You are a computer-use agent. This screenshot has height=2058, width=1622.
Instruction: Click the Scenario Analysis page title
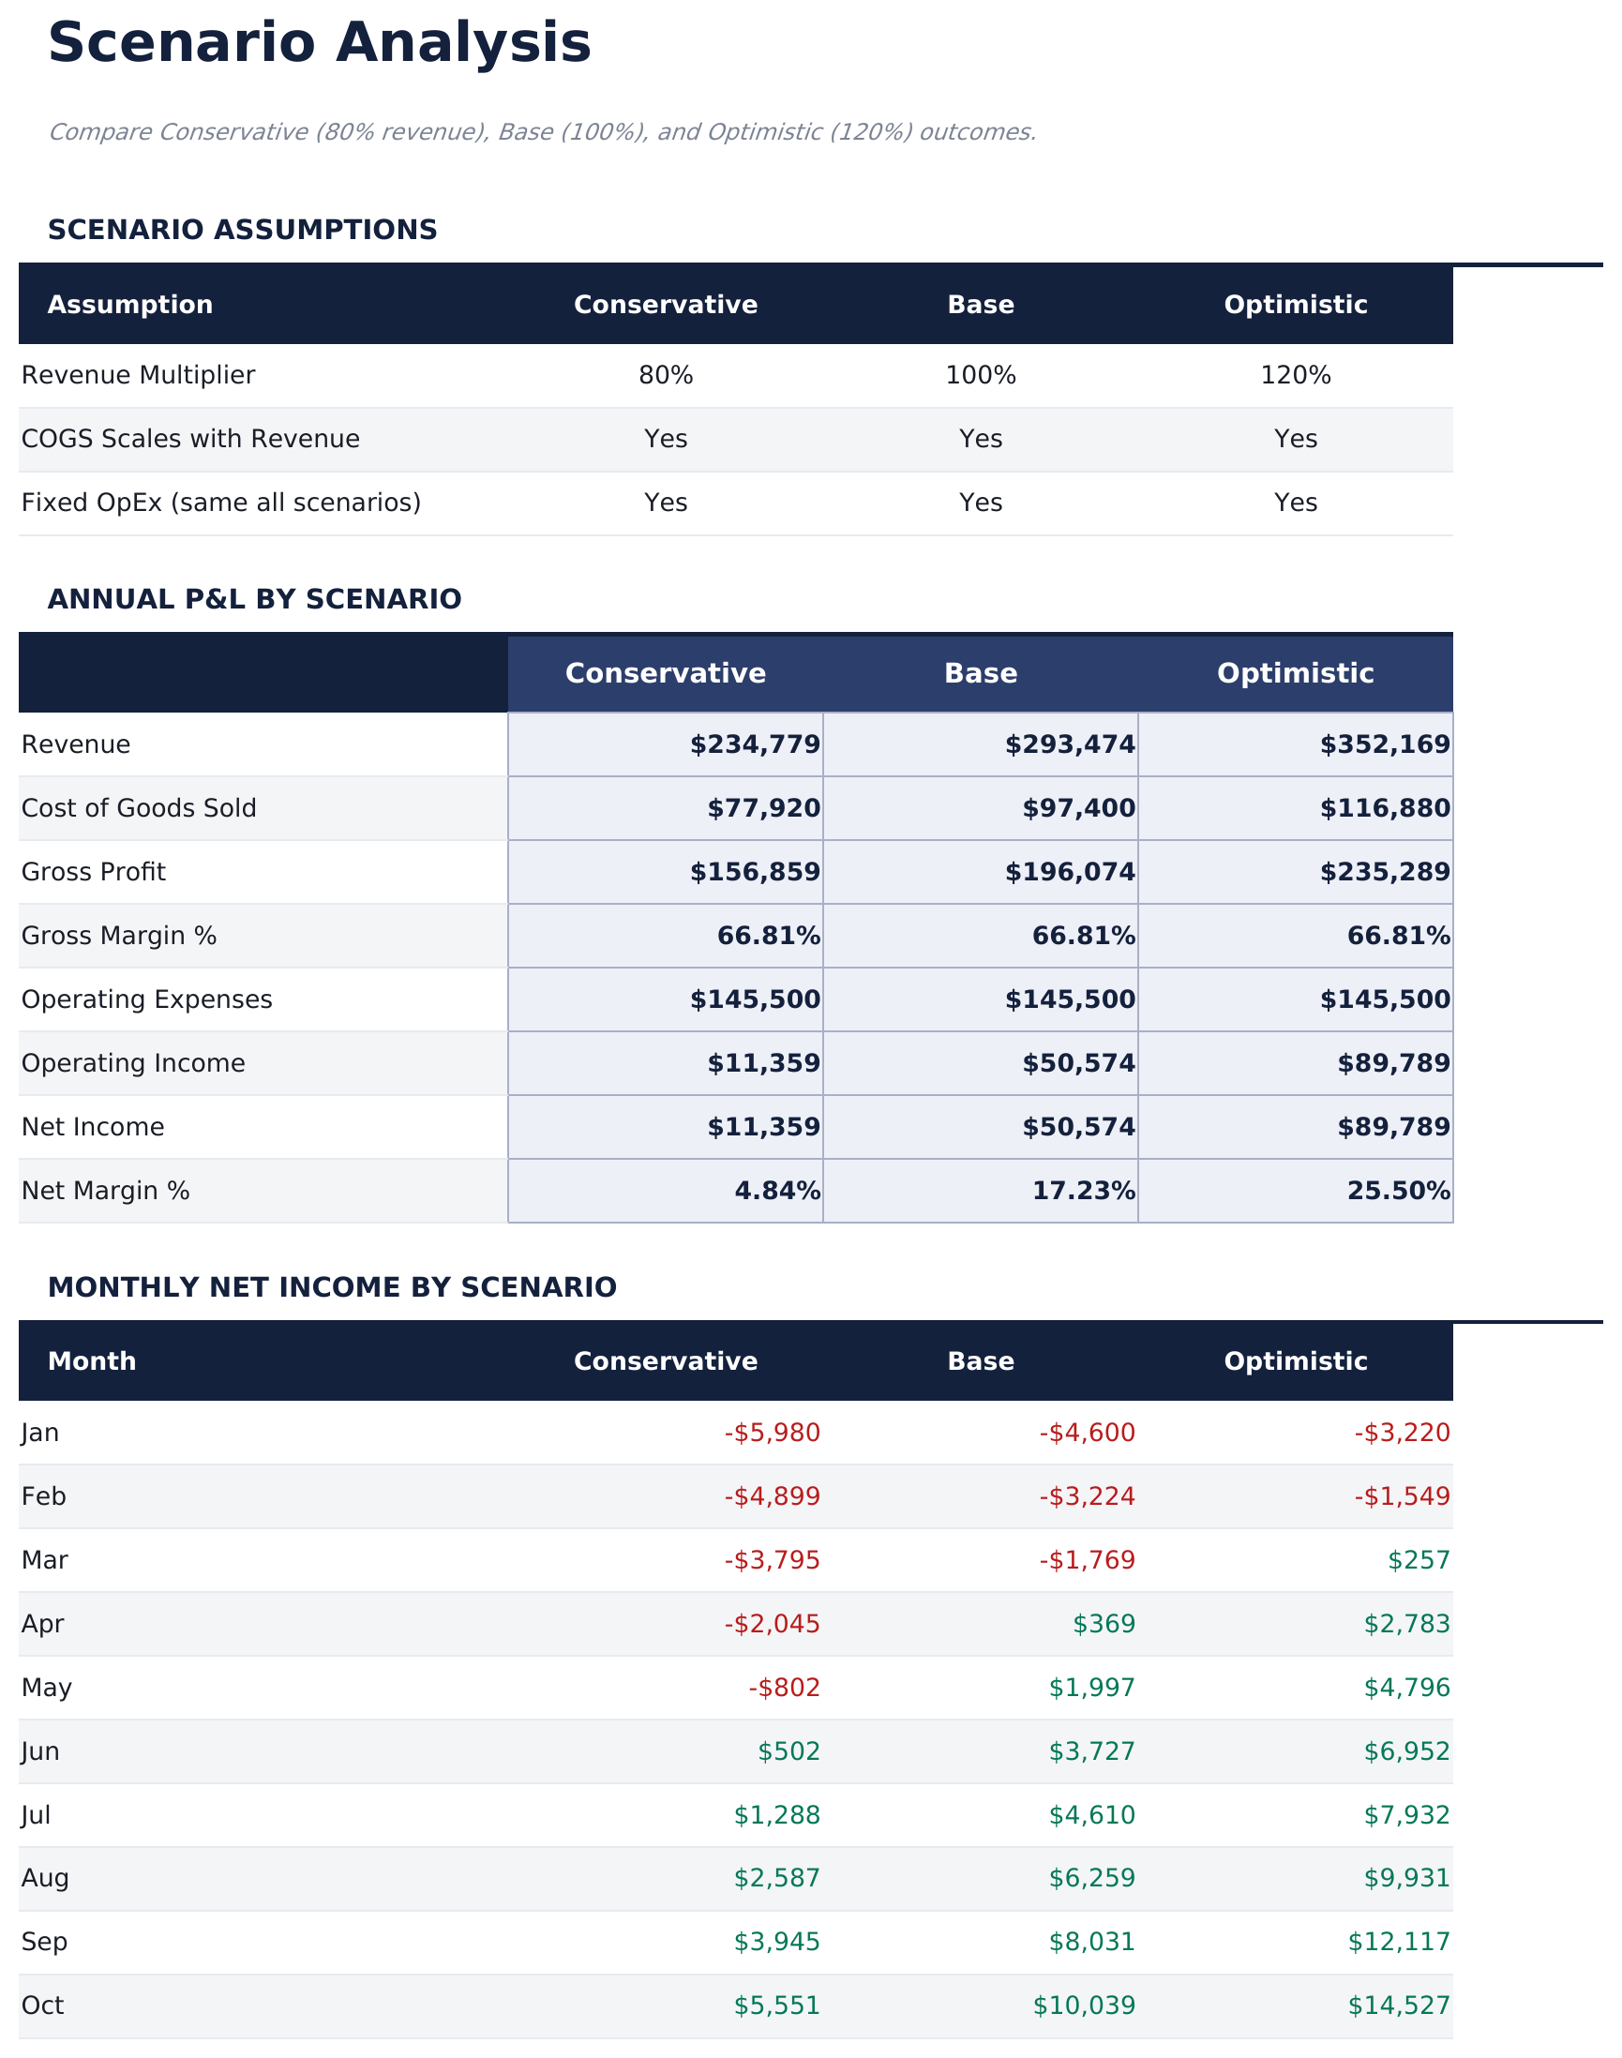point(319,44)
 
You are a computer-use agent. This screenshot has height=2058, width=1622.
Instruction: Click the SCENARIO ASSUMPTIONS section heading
point(242,230)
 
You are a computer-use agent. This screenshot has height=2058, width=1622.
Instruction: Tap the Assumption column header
point(130,305)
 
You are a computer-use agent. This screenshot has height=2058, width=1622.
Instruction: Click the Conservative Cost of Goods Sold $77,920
point(762,808)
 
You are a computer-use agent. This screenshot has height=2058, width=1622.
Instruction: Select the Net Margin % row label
point(105,1190)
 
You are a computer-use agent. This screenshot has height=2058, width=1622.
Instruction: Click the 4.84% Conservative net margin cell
point(777,1190)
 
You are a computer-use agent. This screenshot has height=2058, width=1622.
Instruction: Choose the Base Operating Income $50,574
point(1078,1062)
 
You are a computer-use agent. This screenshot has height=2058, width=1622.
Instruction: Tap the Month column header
point(92,1361)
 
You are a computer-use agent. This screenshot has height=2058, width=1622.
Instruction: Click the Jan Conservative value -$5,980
point(771,1432)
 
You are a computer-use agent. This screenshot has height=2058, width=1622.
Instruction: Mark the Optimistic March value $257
point(1418,1559)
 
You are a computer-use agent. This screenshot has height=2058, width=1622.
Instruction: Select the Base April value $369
point(1104,1623)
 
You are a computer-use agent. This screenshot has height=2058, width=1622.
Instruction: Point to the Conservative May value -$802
point(784,1687)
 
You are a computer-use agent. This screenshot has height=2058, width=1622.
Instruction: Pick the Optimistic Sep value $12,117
point(1398,1941)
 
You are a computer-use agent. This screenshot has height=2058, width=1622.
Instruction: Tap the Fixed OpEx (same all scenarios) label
point(220,503)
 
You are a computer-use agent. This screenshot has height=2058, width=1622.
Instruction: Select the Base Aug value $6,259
point(1091,1878)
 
